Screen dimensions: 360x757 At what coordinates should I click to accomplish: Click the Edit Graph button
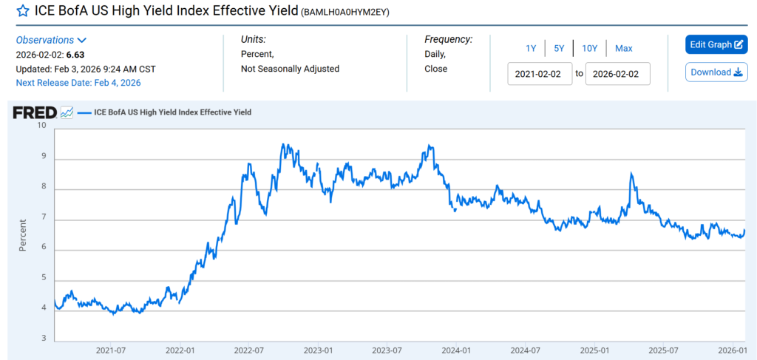(x=716, y=44)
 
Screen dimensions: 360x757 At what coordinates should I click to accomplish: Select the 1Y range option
(x=531, y=48)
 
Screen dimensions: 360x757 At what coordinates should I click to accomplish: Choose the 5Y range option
(x=559, y=48)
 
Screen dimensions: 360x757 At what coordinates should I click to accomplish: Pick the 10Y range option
(x=589, y=48)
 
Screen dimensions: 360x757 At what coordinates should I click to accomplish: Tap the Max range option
(x=623, y=48)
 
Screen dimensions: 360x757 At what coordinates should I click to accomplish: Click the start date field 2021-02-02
(x=540, y=74)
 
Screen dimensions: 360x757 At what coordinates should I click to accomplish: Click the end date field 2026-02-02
(x=617, y=74)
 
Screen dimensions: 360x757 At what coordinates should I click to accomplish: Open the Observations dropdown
(x=51, y=40)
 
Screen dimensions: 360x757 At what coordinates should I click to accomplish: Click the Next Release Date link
(x=78, y=83)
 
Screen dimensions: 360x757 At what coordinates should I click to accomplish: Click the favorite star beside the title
(x=23, y=11)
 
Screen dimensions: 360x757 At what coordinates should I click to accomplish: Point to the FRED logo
(x=35, y=112)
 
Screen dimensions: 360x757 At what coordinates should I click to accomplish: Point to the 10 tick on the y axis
(x=41, y=126)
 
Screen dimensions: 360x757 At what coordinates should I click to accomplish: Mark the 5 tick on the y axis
(x=43, y=278)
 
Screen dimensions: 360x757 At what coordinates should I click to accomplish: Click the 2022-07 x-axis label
(x=251, y=350)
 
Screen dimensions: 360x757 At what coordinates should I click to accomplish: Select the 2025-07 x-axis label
(x=663, y=350)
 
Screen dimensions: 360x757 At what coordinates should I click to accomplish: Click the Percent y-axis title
(x=23, y=234)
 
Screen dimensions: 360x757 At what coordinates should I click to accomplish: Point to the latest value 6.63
(x=75, y=55)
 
